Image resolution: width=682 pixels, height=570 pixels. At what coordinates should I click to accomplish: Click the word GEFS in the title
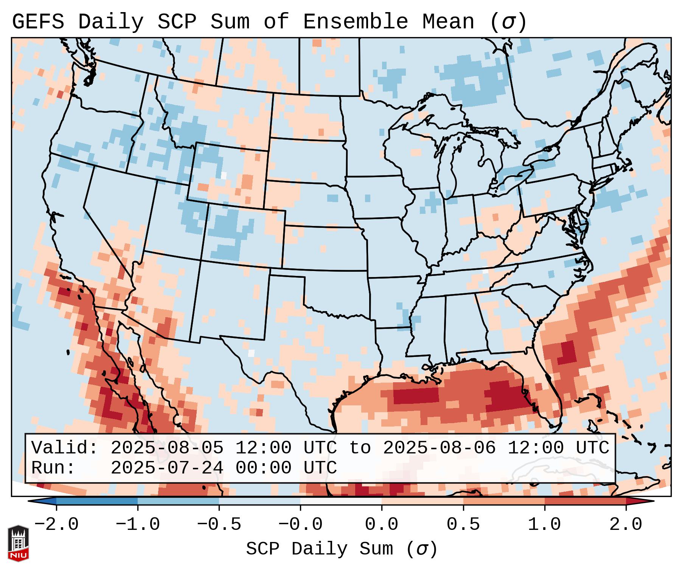pos(38,22)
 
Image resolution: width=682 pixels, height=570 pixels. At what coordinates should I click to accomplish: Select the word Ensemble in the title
pos(356,22)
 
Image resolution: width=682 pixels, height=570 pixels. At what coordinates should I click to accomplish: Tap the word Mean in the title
pos(448,22)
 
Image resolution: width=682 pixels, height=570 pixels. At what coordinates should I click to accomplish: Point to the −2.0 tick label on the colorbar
pos(56,525)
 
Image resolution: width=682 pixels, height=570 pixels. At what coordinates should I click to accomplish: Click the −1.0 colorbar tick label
pos(138,525)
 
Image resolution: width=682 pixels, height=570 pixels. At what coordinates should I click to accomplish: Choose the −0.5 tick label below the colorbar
pos(219,525)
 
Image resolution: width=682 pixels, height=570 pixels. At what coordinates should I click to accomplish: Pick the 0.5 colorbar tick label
pos(463,525)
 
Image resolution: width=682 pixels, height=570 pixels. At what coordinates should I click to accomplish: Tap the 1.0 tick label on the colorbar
pos(545,525)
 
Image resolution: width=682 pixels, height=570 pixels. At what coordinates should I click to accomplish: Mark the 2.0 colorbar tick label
pos(626,525)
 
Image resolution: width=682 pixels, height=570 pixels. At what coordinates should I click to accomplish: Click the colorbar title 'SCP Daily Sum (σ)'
pos(342,549)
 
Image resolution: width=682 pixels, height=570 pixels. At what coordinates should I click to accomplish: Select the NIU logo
pos(18,543)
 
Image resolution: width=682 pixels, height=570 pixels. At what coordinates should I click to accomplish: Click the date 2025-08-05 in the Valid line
pos(167,448)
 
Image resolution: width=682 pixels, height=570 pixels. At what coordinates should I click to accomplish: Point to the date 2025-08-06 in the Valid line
pos(439,448)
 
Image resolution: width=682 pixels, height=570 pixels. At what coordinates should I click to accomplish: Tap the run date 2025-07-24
pos(167,468)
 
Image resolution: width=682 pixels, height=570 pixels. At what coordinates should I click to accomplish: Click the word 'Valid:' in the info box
pos(65,448)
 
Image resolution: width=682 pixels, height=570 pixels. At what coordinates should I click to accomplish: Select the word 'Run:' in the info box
pos(53,468)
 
